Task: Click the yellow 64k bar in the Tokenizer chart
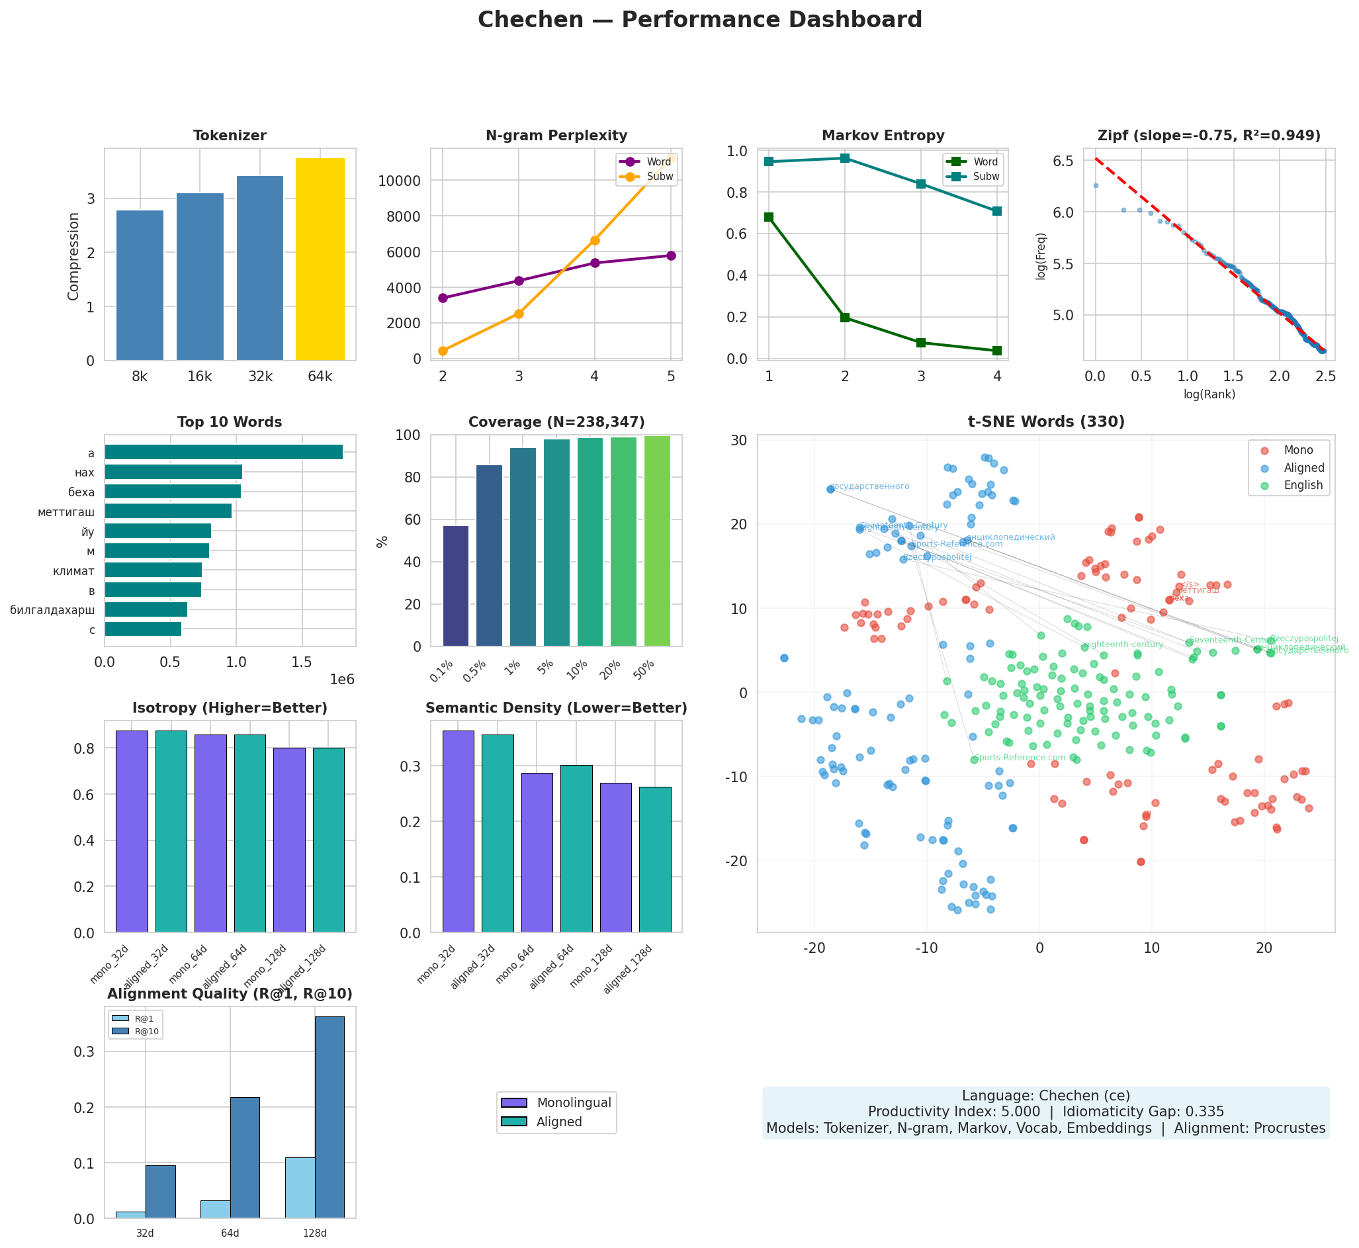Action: click(320, 259)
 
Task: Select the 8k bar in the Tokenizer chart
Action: click(140, 286)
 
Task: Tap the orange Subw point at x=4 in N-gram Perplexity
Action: click(595, 240)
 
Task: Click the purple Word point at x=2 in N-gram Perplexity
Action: click(443, 298)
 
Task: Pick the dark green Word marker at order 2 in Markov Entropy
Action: click(844, 318)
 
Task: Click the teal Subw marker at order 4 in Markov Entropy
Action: click(996, 211)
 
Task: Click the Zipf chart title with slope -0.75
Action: click(1209, 136)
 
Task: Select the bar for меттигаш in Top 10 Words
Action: click(168, 512)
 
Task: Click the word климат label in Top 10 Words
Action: click(73, 572)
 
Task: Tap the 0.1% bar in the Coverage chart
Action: click(456, 586)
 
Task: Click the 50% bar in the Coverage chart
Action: click(657, 541)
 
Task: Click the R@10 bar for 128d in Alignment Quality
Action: click(329, 1118)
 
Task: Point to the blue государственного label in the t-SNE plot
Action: click(869, 487)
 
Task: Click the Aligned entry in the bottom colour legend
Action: click(559, 1122)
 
